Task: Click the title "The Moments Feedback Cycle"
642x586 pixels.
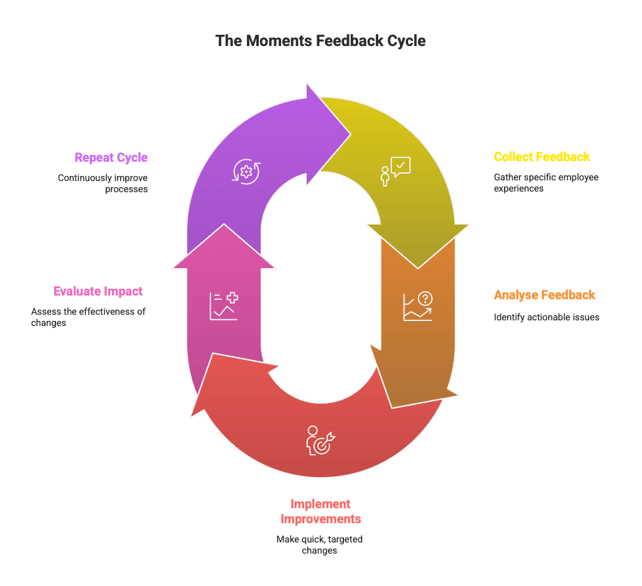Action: [320, 41]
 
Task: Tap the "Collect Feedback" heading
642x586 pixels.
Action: [542, 157]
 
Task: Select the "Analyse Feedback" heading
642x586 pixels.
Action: [544, 295]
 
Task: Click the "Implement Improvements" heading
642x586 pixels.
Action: [320, 511]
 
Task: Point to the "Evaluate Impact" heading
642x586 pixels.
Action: [98, 291]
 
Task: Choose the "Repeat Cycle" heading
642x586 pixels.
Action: [111, 157]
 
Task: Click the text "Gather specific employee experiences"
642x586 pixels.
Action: [546, 182]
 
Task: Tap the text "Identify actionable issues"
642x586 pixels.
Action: [546, 317]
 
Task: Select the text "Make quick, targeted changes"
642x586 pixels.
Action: [320, 545]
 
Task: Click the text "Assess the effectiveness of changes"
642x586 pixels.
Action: [88, 317]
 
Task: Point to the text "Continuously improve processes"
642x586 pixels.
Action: [103, 183]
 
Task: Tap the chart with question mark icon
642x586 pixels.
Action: [417, 307]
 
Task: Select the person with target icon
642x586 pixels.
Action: [320, 440]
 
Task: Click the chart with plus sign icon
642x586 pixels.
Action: [223, 306]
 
